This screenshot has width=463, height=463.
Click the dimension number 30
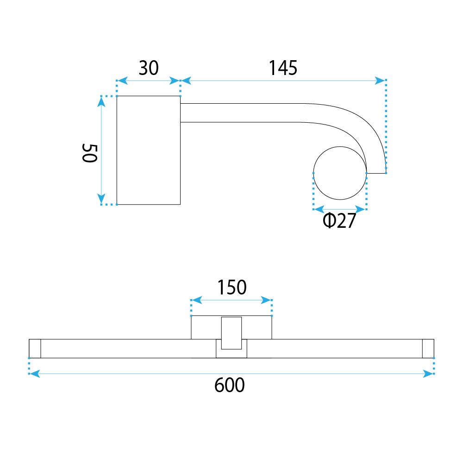(149, 68)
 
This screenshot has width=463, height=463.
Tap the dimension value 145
(283, 68)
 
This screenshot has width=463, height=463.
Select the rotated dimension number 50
(89, 152)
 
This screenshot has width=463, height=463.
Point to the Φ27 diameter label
(339, 222)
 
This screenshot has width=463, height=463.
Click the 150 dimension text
(231, 288)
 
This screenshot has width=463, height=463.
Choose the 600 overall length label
(230, 385)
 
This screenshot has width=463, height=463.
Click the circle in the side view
(340, 173)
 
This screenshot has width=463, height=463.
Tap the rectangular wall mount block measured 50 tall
(148, 150)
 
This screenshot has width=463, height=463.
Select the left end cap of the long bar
(35, 349)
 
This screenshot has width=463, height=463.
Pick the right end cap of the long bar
(428, 349)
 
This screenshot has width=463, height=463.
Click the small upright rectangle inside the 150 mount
(231, 333)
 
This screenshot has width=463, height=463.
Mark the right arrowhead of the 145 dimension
(381, 81)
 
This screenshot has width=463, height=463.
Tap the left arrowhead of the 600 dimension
(34, 373)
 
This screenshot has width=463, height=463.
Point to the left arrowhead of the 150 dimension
(195, 300)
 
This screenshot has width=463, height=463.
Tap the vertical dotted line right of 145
(386, 125)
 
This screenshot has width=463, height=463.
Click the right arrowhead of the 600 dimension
(429, 373)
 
